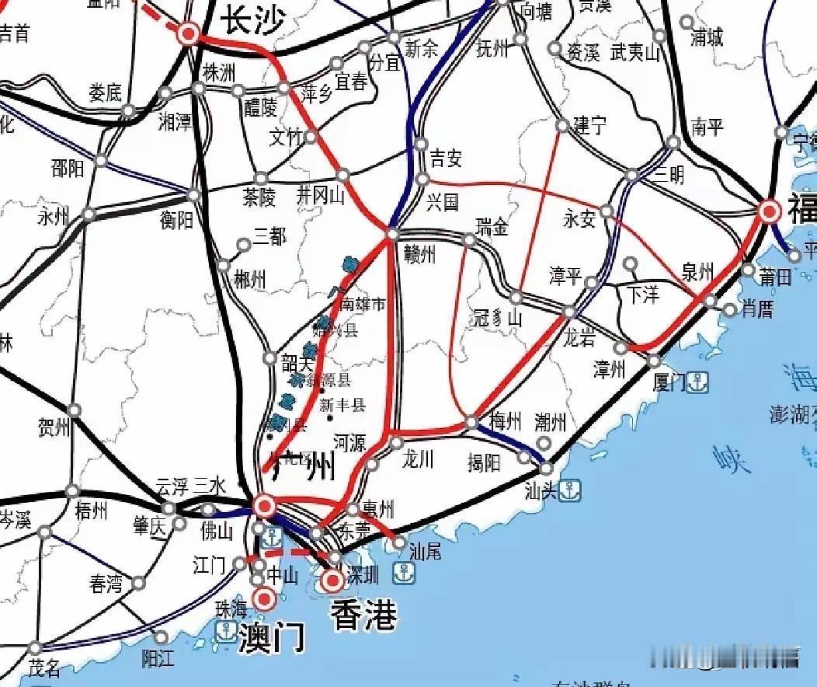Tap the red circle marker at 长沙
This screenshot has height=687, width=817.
(x=188, y=33)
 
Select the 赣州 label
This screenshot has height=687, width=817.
(x=420, y=253)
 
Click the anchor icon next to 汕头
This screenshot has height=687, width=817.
(x=571, y=490)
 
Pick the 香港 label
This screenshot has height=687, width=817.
(x=363, y=615)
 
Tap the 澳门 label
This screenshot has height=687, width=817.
(x=270, y=638)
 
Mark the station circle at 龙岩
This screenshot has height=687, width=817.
(x=569, y=312)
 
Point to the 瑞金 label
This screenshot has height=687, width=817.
(x=492, y=227)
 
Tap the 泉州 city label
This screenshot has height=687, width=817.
(x=697, y=271)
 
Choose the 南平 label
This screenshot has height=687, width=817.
(x=707, y=126)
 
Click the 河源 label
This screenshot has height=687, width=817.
(x=349, y=443)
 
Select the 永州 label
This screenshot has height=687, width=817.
(x=54, y=217)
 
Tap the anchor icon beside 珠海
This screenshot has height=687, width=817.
(x=226, y=631)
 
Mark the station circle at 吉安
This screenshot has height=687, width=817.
(x=421, y=144)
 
